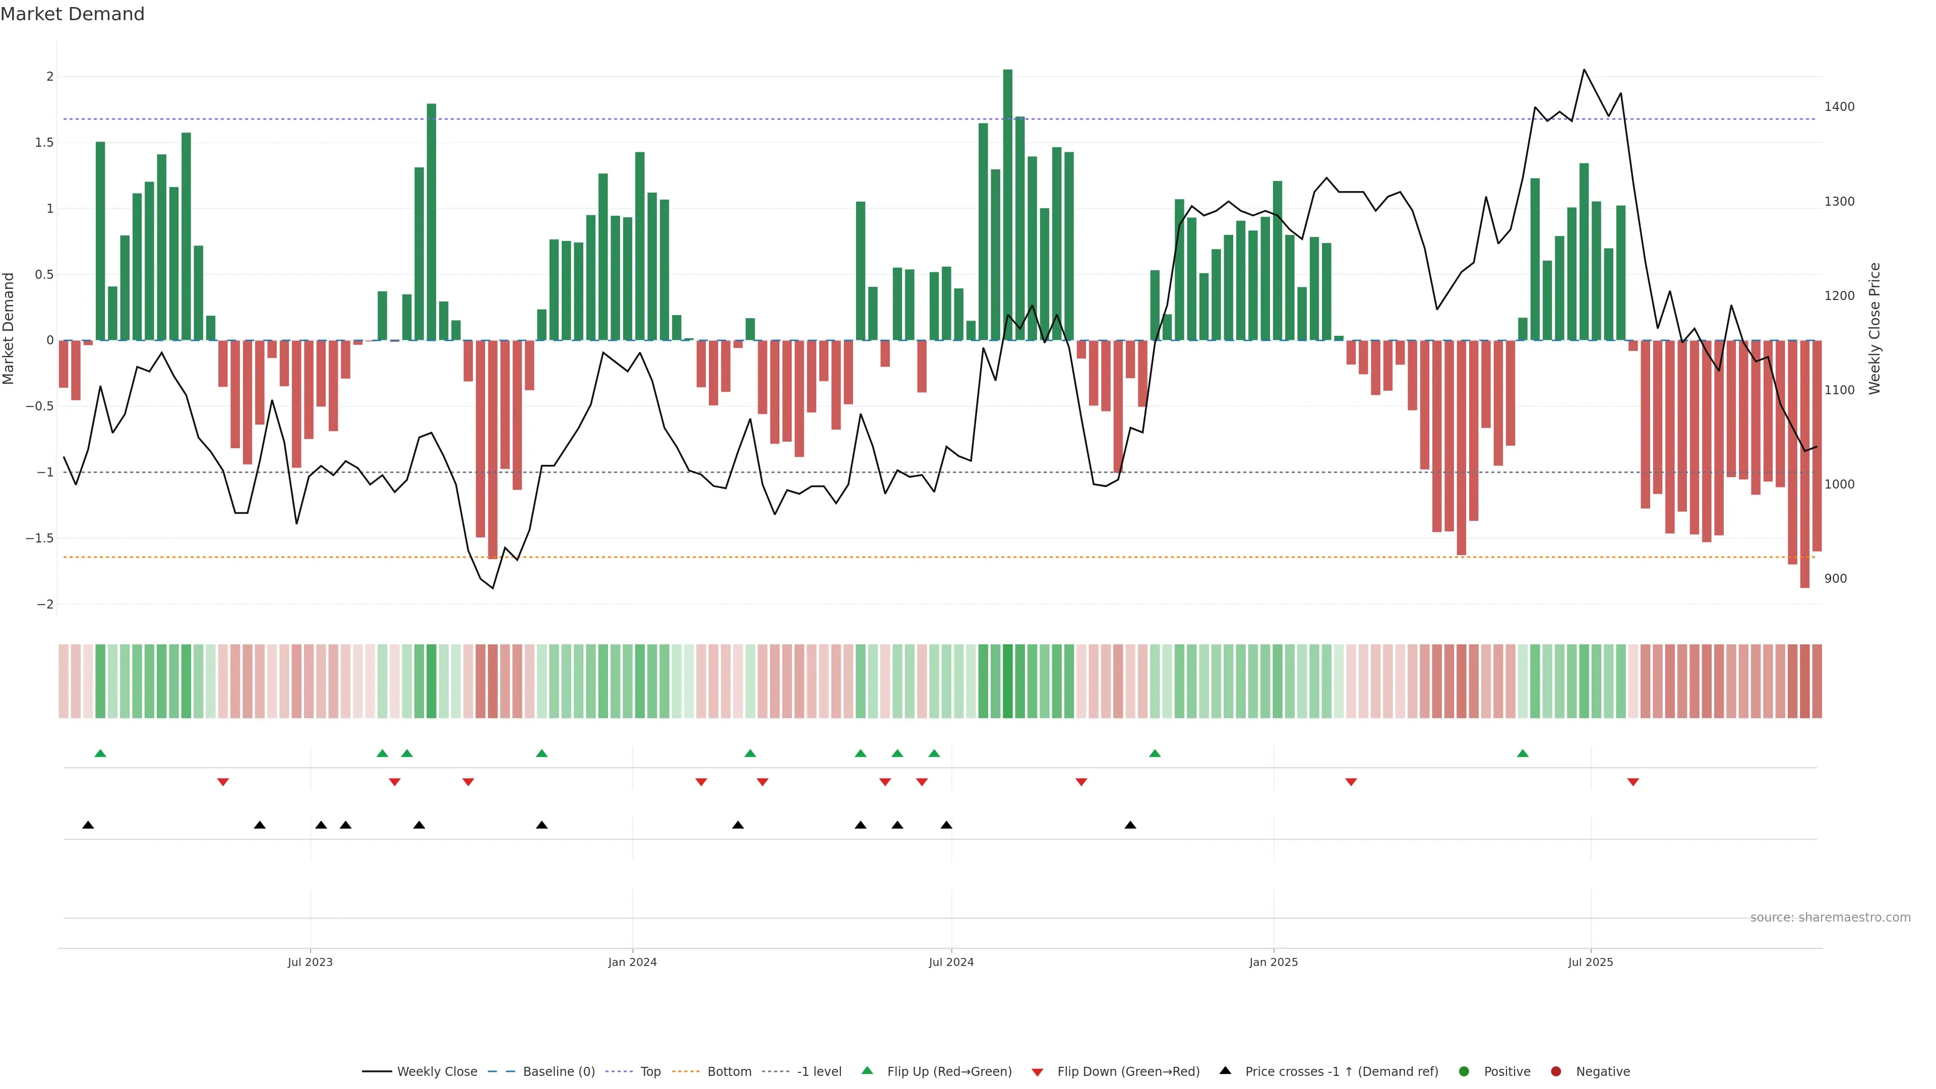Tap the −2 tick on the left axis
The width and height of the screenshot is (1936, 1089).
pyautogui.click(x=44, y=604)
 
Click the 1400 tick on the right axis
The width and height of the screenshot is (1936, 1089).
pyautogui.click(x=1839, y=107)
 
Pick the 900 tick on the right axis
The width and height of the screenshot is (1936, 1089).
pyautogui.click(x=1835, y=579)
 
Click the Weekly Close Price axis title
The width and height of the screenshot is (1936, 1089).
pyautogui.click(x=1874, y=328)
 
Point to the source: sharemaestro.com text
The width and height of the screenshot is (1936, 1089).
pyautogui.click(x=1830, y=918)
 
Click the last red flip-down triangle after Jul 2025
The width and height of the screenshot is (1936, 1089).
pyautogui.click(x=1633, y=782)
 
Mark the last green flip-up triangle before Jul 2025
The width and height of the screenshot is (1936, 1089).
pyautogui.click(x=1523, y=753)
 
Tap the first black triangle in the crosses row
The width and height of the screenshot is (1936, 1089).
pyautogui.click(x=88, y=825)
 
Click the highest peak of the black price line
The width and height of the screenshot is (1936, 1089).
pyautogui.click(x=1584, y=70)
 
